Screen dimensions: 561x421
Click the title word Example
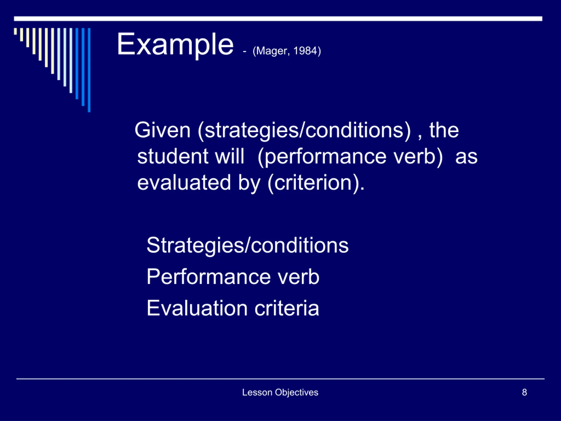(x=175, y=45)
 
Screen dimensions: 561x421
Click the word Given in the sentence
(x=162, y=130)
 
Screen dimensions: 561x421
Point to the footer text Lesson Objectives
(x=280, y=392)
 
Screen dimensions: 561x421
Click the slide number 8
(x=524, y=392)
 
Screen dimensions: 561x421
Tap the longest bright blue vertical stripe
(x=89, y=70)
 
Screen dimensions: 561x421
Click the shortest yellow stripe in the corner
(x=16, y=31)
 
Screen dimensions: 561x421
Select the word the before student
(x=444, y=130)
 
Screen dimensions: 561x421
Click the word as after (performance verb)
(x=466, y=157)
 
